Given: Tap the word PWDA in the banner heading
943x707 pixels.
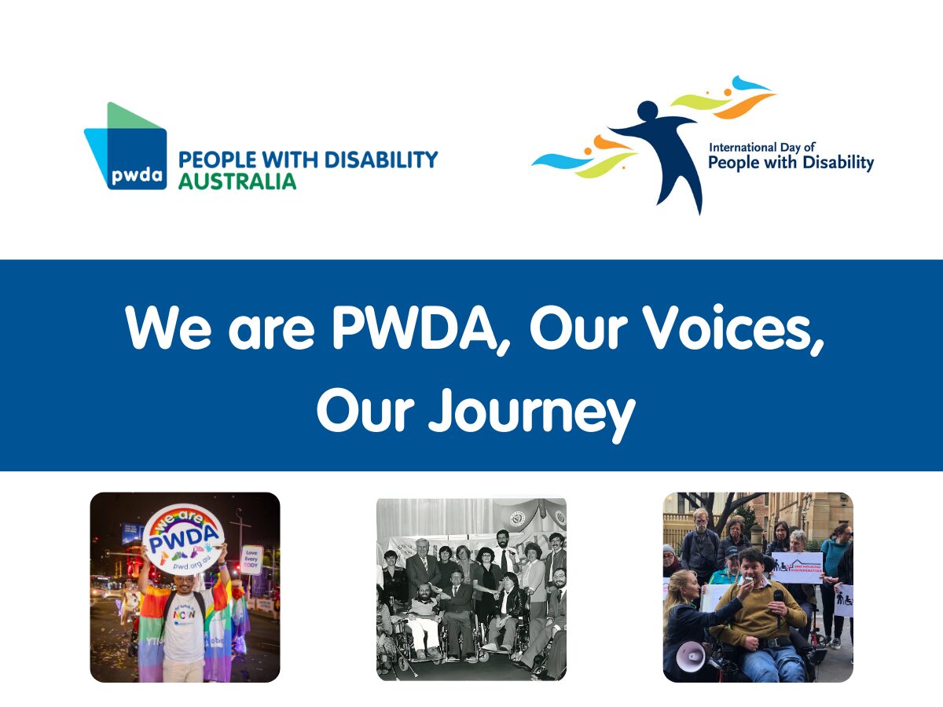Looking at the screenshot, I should click(421, 328).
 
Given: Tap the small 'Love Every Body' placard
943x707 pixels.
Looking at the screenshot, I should click(251, 559).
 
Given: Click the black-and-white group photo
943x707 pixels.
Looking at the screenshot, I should click(472, 588).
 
